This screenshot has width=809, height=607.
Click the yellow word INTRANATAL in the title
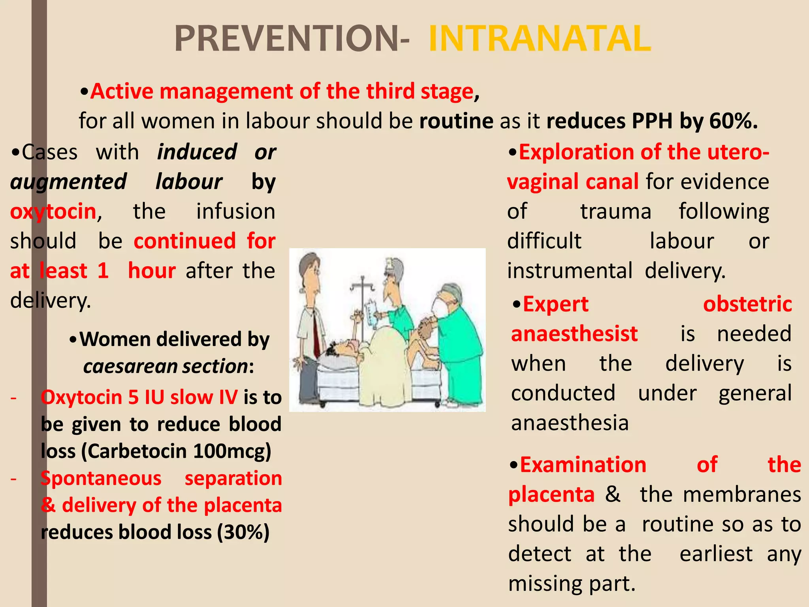coord(540,38)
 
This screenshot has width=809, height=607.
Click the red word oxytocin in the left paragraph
coord(53,211)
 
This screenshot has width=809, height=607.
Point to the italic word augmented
coord(68,182)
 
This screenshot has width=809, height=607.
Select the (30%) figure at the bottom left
coord(243,532)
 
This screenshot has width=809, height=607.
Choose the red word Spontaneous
coord(101,478)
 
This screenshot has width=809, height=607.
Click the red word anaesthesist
coord(574,334)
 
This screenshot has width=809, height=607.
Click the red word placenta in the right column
coord(551,494)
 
